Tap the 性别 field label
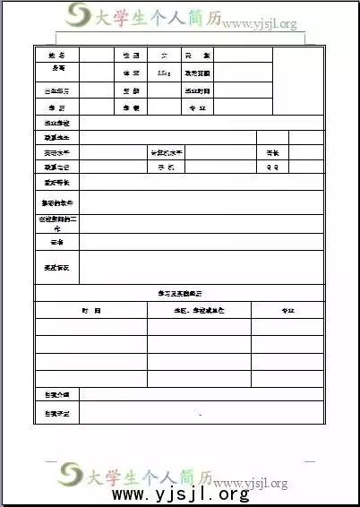(131, 56)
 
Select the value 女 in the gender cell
(164, 56)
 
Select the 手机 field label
(166, 168)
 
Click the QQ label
(272, 168)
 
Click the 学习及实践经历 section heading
(178, 293)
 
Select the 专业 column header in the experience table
(287, 310)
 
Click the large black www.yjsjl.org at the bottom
(180, 494)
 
